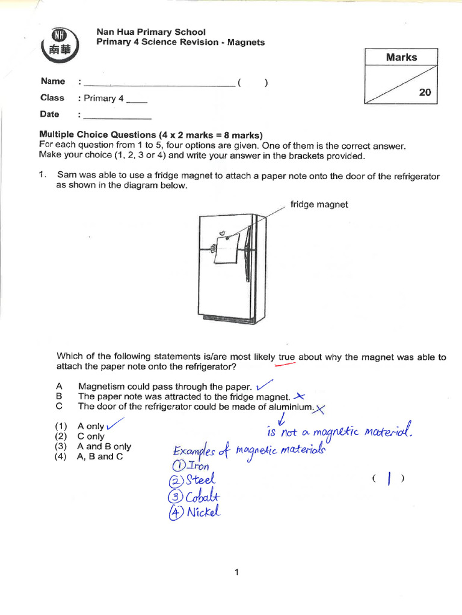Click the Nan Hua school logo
click(60, 45)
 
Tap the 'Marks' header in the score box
click(401, 58)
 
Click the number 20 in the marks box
click(424, 93)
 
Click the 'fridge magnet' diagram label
click(319, 205)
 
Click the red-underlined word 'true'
click(287, 357)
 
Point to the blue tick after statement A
click(264, 385)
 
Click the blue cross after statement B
click(299, 396)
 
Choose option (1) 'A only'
click(90, 426)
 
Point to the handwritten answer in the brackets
click(389, 479)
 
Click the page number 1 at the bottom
click(237, 572)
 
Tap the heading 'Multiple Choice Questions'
click(97, 135)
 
